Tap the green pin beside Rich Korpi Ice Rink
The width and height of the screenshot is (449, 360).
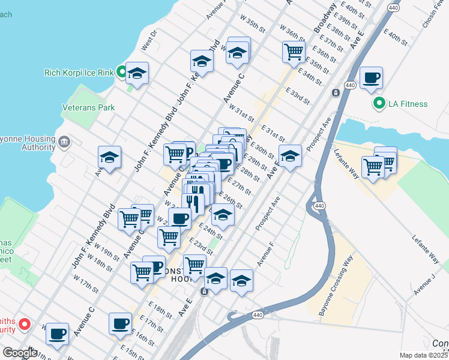(x=121, y=73)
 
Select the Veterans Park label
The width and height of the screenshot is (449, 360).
(x=88, y=108)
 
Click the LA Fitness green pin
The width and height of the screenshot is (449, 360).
(x=379, y=104)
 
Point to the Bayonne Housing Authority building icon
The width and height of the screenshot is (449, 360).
(x=64, y=142)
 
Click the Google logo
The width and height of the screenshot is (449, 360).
(x=20, y=353)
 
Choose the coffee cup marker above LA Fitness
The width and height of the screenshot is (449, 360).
(x=372, y=78)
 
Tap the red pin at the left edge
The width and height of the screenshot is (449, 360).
(x=25, y=325)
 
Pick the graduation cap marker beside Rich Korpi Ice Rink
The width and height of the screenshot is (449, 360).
(x=137, y=74)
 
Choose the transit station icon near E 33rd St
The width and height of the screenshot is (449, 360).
(x=335, y=92)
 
